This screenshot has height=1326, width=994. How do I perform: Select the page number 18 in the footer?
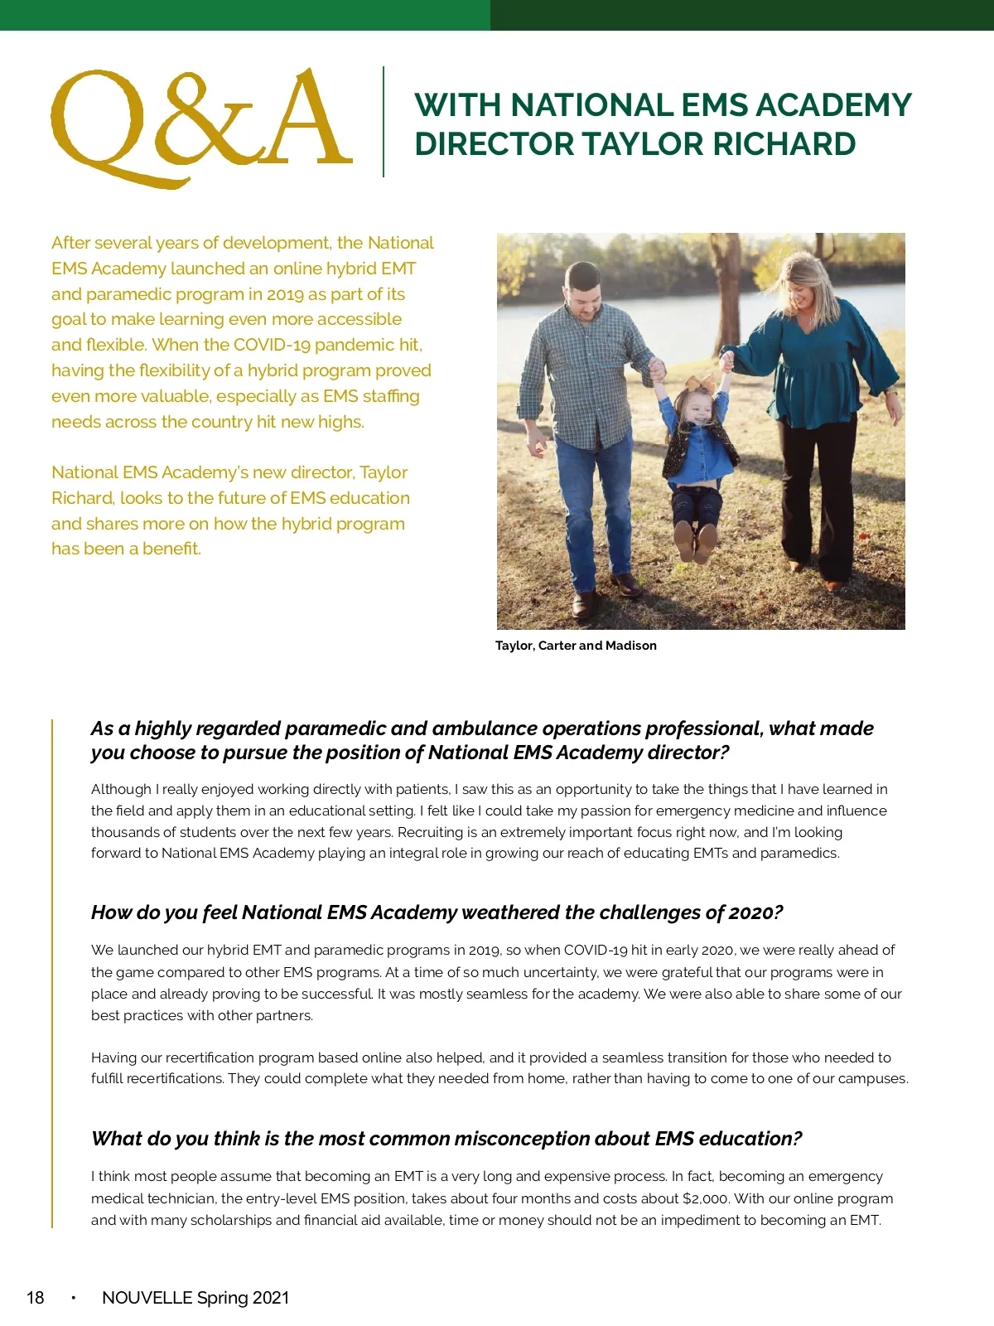(36, 1298)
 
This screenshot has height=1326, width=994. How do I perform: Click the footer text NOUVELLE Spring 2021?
(195, 1298)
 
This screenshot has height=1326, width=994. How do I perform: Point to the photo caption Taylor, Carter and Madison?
(576, 646)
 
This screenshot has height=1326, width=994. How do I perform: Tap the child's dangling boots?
(694, 542)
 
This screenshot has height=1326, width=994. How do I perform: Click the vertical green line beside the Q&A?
(384, 122)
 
